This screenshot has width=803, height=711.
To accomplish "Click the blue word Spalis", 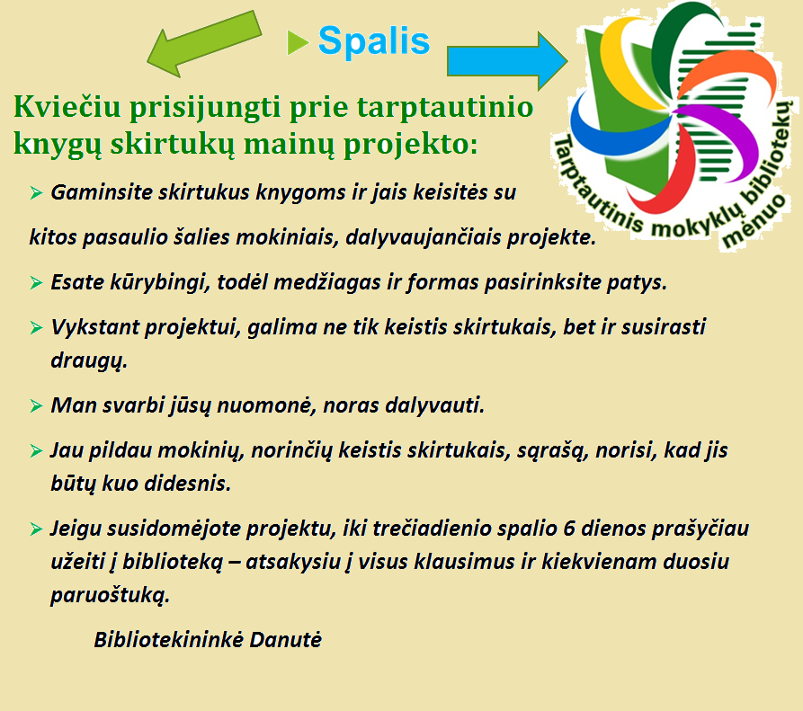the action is click(x=374, y=41).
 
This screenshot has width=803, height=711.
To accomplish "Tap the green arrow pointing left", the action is click(x=204, y=44).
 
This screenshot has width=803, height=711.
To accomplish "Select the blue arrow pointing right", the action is click(x=507, y=61).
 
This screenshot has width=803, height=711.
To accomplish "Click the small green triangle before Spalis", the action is click(x=298, y=42).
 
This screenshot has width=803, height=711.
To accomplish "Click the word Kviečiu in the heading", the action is click(x=67, y=107).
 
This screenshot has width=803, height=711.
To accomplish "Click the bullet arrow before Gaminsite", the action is click(x=36, y=193).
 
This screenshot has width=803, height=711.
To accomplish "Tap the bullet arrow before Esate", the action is click(x=36, y=282).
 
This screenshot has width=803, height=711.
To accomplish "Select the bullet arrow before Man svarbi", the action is click(x=36, y=406).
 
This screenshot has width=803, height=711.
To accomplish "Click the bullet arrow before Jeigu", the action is click(x=36, y=529).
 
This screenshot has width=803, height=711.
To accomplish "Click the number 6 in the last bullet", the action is click(x=568, y=529).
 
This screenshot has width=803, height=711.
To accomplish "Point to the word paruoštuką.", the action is click(x=110, y=595).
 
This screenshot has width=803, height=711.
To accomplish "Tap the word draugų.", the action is click(x=89, y=360).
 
